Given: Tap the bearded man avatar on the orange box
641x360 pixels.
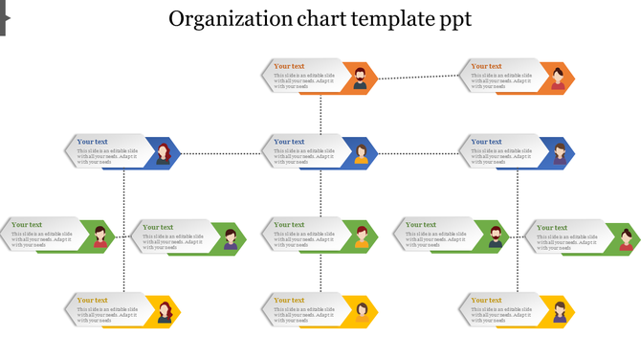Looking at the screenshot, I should (x=361, y=79).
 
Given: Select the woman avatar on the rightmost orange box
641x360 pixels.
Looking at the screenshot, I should (x=558, y=79).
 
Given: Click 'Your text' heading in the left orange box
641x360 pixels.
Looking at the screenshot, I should (x=290, y=66).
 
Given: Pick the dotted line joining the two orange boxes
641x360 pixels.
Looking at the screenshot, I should (x=419, y=76).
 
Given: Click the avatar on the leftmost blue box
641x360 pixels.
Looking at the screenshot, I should (x=164, y=153).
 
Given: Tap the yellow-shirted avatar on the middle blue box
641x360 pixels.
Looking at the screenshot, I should (x=361, y=153).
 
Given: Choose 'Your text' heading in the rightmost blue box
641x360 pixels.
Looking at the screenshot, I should (x=487, y=142).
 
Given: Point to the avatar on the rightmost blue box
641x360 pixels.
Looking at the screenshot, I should (x=559, y=153).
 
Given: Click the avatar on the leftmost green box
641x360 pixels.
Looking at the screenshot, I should (x=99, y=236).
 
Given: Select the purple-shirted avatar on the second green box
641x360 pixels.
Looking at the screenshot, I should (x=231, y=238).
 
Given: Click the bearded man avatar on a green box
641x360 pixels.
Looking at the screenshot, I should (x=495, y=236).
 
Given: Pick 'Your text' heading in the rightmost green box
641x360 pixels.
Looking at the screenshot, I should (x=553, y=228).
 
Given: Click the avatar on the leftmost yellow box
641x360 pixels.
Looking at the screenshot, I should (x=165, y=311).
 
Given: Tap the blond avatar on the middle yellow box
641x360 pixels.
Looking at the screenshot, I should (x=362, y=311).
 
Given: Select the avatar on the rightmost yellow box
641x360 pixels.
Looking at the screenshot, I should (x=559, y=312).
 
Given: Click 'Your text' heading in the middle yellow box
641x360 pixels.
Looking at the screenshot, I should (x=290, y=301).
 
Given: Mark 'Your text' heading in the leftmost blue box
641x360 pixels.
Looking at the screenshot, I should (x=93, y=142).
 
